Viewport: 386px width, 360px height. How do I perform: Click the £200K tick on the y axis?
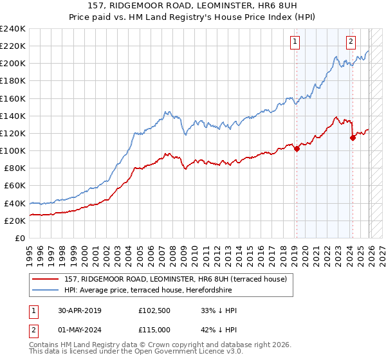(x=13, y=64)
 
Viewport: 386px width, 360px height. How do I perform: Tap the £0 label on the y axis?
(x=20, y=238)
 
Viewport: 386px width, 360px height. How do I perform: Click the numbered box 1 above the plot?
(x=295, y=42)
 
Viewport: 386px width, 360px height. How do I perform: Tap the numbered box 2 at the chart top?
(x=351, y=42)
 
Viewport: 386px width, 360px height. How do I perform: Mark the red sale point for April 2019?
(x=297, y=149)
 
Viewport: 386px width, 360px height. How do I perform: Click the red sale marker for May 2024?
(x=353, y=138)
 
